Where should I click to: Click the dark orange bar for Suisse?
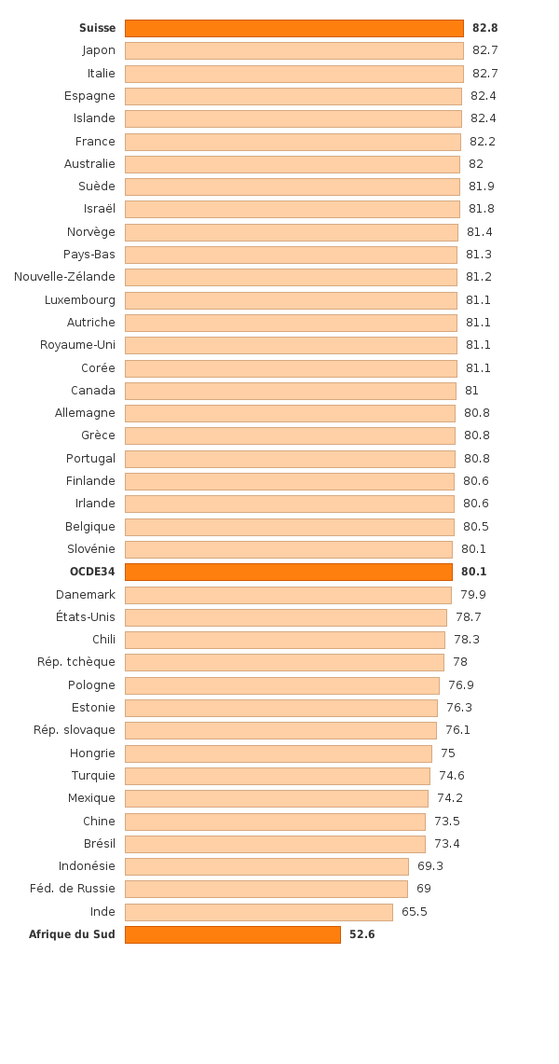click(293, 28)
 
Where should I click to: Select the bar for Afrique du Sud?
click(232, 934)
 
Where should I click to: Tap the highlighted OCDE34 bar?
click(288, 572)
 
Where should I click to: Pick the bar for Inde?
click(258, 912)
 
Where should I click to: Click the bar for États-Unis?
click(285, 617)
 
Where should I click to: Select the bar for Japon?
click(293, 50)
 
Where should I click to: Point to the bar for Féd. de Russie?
click(266, 889)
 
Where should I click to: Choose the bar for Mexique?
click(276, 798)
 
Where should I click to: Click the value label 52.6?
click(361, 934)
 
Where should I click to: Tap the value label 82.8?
click(484, 28)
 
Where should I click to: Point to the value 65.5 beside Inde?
click(414, 912)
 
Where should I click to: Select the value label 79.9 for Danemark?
click(472, 595)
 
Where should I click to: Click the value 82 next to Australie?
click(475, 164)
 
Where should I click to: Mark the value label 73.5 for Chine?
click(446, 822)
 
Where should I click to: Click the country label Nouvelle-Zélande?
click(64, 277)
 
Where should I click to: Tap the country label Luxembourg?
click(80, 299)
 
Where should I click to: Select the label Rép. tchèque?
click(76, 662)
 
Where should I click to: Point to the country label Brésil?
click(99, 844)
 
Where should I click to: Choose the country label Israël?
click(99, 209)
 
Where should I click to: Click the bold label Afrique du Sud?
click(72, 934)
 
